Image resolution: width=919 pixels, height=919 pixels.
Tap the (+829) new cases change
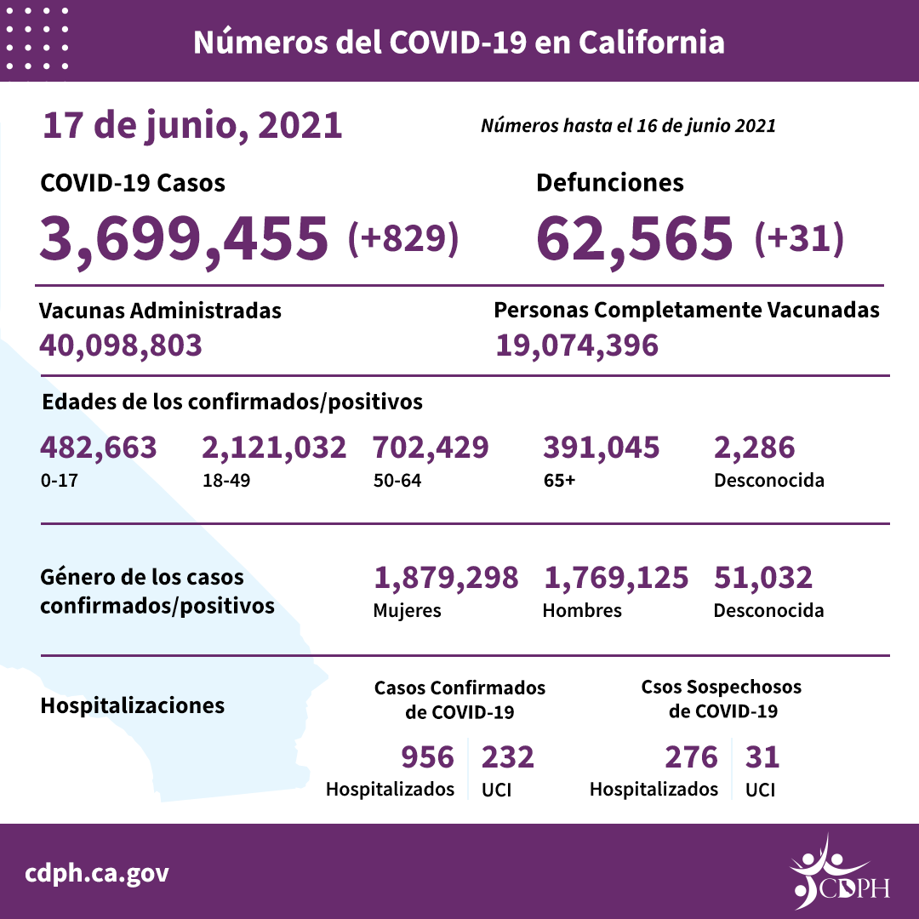click(x=403, y=238)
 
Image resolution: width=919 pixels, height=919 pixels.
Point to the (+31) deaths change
click(x=799, y=238)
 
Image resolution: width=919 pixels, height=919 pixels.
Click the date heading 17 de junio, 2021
click(x=192, y=126)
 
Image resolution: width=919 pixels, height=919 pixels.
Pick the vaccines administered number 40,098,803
click(x=121, y=345)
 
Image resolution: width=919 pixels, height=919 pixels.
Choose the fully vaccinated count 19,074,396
click(x=576, y=345)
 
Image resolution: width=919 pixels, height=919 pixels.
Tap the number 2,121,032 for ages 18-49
click(x=274, y=448)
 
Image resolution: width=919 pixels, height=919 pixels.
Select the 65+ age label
click(x=559, y=480)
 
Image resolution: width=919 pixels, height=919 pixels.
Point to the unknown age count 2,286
click(x=754, y=448)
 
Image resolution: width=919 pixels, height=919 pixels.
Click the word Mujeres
click(x=408, y=610)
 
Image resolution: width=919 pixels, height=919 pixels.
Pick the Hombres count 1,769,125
click(x=615, y=578)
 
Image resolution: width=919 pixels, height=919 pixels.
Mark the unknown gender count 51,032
click(x=763, y=578)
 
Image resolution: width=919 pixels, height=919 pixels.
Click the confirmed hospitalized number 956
click(x=427, y=756)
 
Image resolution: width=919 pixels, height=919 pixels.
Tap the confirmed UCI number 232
click(x=508, y=756)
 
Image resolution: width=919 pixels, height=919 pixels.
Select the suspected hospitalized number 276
click(x=690, y=756)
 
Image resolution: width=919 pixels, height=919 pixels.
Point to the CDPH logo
click(x=839, y=872)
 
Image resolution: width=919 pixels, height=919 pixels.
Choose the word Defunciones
click(x=610, y=182)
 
